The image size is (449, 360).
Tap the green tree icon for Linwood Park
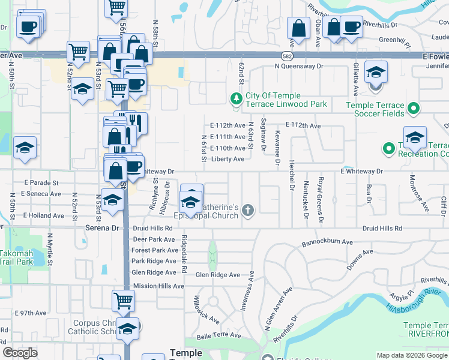click(236, 98)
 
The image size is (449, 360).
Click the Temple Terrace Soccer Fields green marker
click(413, 109)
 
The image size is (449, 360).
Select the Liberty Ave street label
click(227, 159)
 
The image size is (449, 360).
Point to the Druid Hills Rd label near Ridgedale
click(152, 228)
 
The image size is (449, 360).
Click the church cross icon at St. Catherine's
click(247, 210)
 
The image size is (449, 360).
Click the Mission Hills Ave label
click(158, 286)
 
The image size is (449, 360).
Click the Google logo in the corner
click(20, 353)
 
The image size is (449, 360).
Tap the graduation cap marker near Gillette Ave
click(376, 73)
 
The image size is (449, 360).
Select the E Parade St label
click(41, 182)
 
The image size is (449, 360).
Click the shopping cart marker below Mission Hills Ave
click(124, 299)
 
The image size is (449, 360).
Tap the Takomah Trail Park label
click(17, 258)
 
